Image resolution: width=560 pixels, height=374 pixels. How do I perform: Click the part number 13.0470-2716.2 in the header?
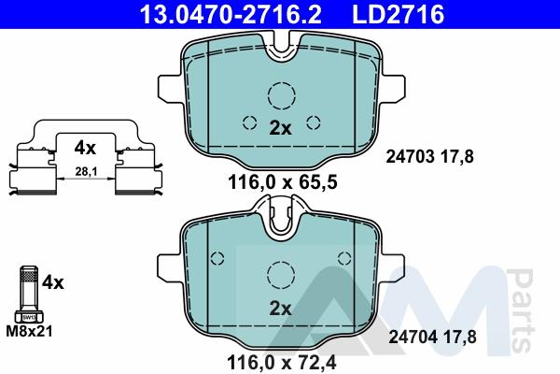pyautogui.click(x=231, y=14)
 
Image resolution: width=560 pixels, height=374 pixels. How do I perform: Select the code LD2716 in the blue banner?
pyautogui.click(x=398, y=14)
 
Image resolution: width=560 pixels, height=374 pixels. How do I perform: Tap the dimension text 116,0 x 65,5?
pyautogui.click(x=283, y=182)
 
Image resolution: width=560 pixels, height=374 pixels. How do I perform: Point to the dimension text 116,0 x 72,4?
pyautogui.click(x=282, y=363)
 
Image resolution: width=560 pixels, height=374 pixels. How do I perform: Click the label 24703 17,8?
pyautogui.click(x=429, y=157)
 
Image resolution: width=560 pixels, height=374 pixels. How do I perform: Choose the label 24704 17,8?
pyautogui.click(x=432, y=338)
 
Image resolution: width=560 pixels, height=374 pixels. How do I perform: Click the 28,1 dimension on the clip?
pyautogui.click(x=86, y=172)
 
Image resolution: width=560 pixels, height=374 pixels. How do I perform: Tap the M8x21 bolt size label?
pyautogui.click(x=29, y=331)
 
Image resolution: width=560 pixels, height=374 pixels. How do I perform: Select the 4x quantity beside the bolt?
pyautogui.click(x=53, y=282)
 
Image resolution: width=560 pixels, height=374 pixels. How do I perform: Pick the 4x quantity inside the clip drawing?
pyautogui.click(x=85, y=148)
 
